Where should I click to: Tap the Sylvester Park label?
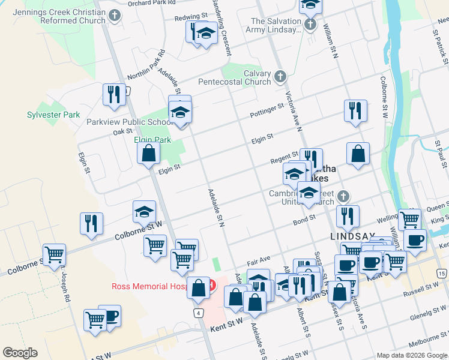coord(53,115)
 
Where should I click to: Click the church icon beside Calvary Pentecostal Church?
coord(280,76)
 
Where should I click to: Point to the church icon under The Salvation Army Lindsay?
coord(310,25)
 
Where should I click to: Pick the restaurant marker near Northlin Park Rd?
coord(112,95)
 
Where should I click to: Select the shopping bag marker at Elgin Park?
coord(148,153)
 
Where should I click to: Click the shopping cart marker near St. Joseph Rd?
coord(54,255)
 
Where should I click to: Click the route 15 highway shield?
coord(442,274)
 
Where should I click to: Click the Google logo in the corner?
coord(20,353)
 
